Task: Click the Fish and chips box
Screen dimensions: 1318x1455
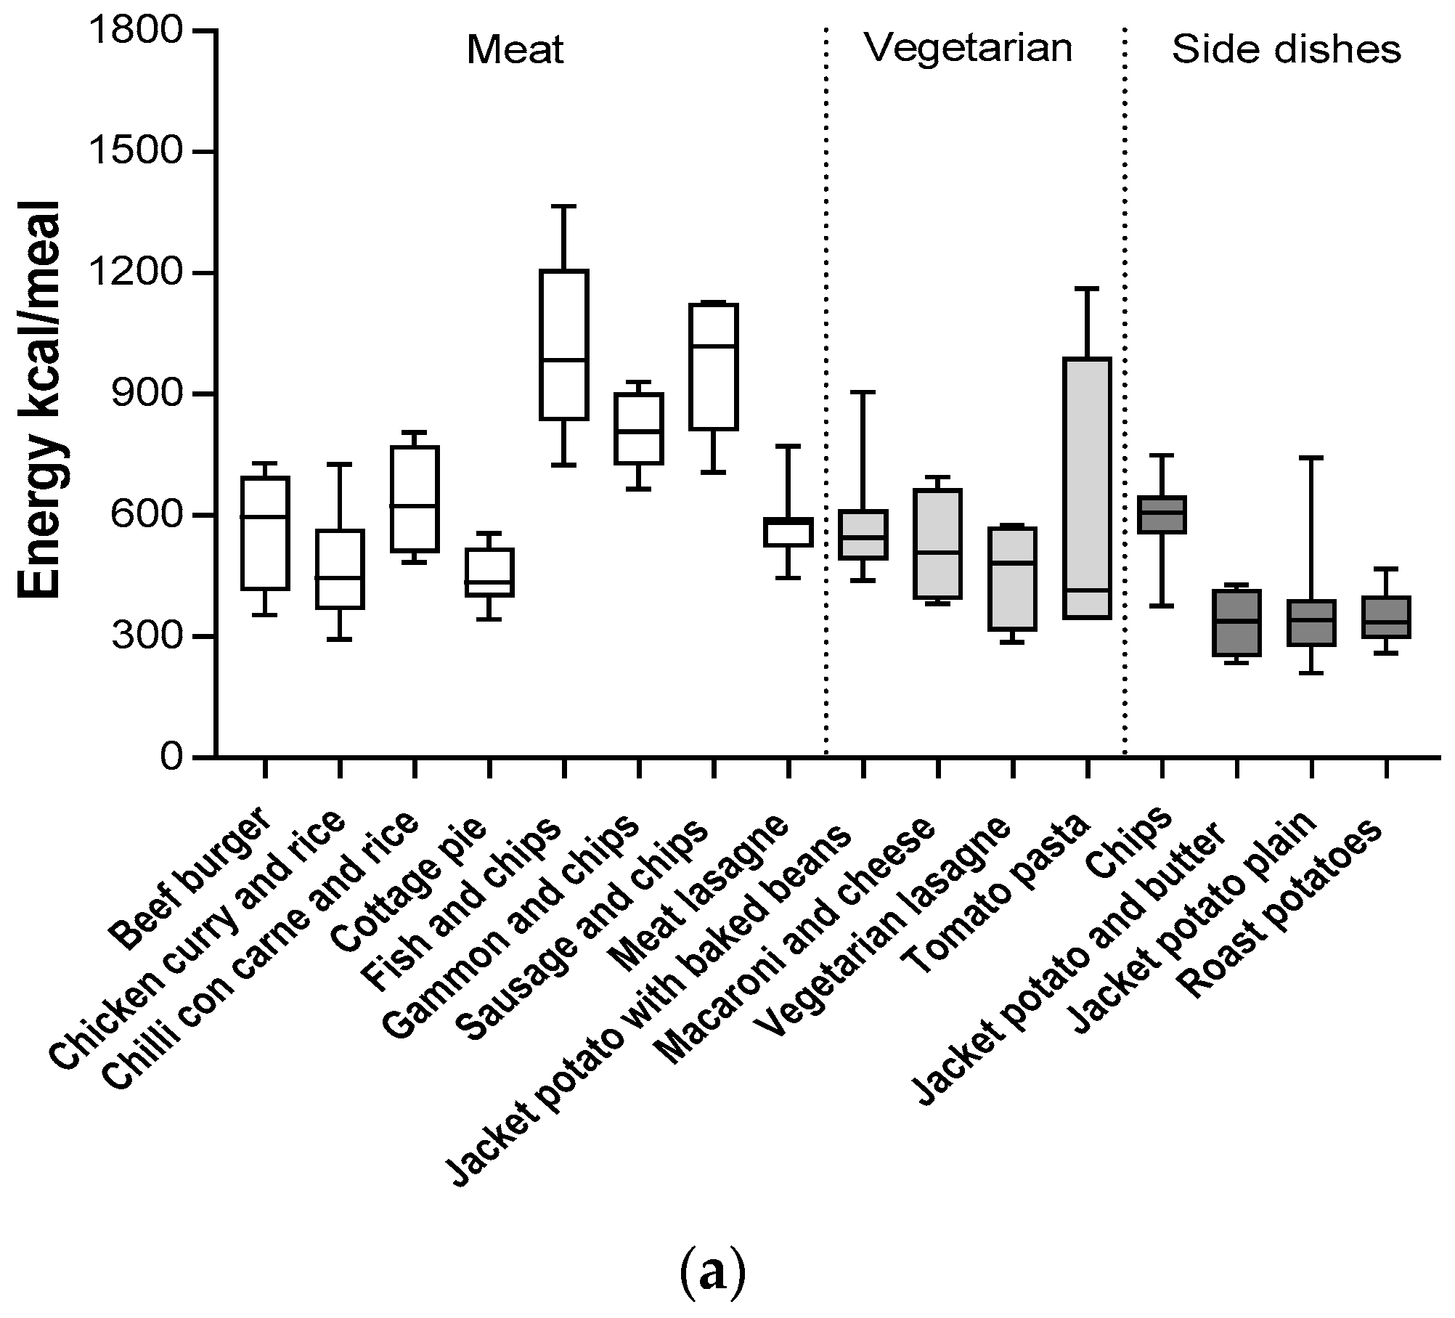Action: pos(563,345)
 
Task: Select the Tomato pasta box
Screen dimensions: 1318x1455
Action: pos(1087,488)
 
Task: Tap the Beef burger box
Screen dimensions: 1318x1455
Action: pos(265,533)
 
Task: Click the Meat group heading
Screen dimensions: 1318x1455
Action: pos(515,51)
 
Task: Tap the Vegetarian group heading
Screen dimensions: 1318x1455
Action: pos(969,49)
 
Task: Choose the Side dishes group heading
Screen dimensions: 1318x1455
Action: pos(1286,50)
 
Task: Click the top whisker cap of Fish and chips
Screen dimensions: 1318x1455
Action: pos(563,206)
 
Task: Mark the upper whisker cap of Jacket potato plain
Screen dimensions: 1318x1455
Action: pos(1311,458)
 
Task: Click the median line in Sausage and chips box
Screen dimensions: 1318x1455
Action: pos(714,346)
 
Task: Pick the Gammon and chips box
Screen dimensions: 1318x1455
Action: pos(638,428)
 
